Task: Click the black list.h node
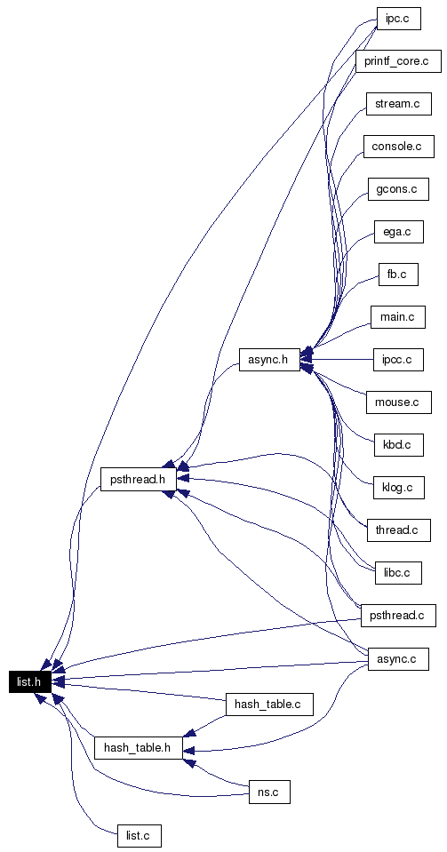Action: tap(30, 681)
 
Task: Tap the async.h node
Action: tap(270, 360)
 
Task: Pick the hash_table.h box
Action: tap(138, 748)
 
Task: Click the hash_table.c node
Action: tap(269, 705)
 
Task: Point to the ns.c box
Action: tap(269, 792)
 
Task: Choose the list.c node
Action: tap(140, 835)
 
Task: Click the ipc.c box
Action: tap(399, 19)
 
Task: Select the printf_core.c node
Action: tap(398, 61)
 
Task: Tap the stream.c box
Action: tap(399, 104)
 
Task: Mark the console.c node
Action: tap(399, 147)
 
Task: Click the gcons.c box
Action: tap(398, 189)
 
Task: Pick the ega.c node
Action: tap(399, 232)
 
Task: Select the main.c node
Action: tap(398, 317)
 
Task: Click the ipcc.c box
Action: tap(398, 360)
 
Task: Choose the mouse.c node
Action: tap(399, 402)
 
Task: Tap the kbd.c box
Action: tap(399, 445)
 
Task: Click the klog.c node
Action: tap(399, 488)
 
